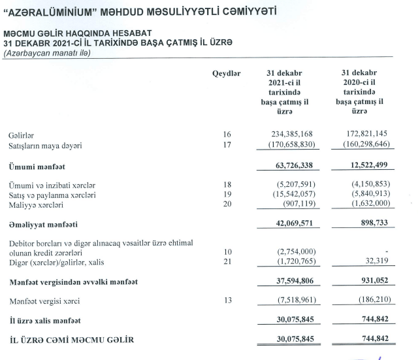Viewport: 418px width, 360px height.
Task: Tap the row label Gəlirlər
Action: tap(22, 135)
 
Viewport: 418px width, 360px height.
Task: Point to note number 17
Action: tap(227, 145)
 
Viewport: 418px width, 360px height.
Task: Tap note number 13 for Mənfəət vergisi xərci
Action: tap(227, 303)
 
